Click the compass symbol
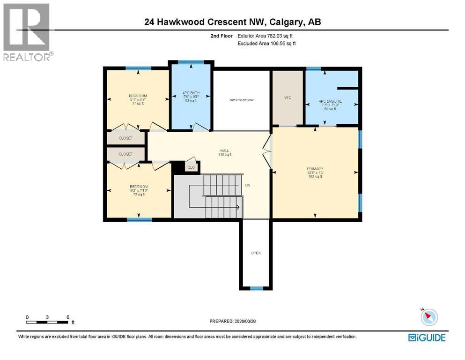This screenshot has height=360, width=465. pos(428,317)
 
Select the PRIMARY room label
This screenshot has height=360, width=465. pos(315,169)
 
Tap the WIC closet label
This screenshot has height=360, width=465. pos(288,97)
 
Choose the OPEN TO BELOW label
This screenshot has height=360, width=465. pos(242,100)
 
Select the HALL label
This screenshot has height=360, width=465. pos(224,151)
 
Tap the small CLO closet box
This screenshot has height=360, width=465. pos(191,166)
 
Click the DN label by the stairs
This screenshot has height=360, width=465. pos(247,185)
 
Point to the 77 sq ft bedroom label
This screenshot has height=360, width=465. pos(138,99)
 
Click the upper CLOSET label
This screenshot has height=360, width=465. pos(125,138)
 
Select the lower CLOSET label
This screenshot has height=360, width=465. pos(125,154)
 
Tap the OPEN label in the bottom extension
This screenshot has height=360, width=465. pos(256,253)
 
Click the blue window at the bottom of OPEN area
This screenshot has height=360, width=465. pos(256,288)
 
